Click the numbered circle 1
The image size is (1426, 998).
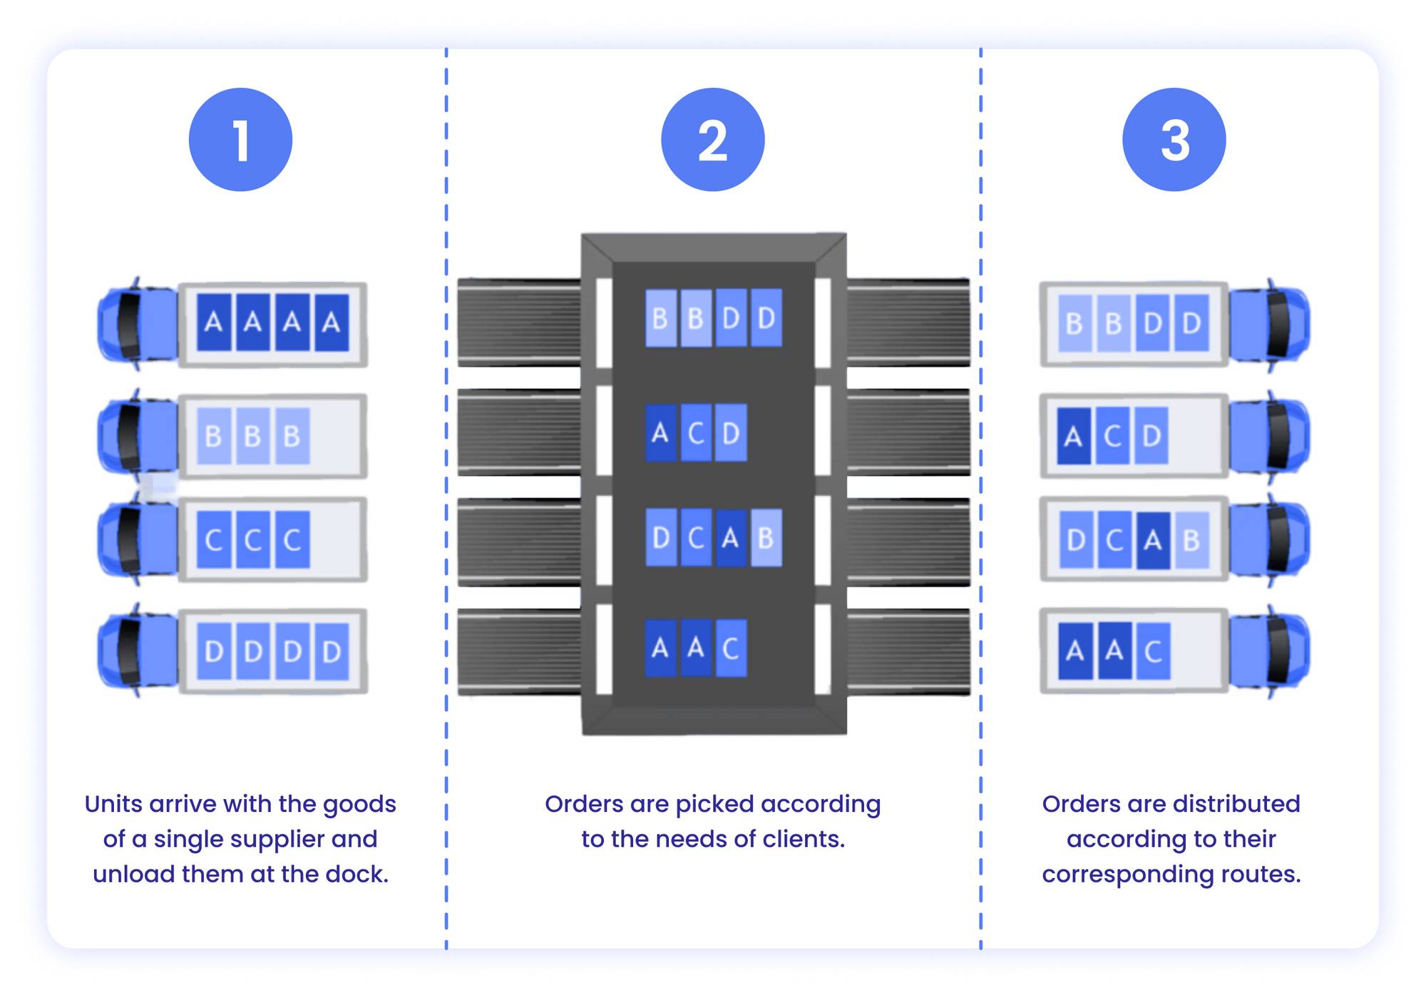(240, 140)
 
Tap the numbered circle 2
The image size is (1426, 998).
(712, 140)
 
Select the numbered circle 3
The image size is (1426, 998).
(1174, 140)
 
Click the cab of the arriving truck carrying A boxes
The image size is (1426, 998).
(137, 324)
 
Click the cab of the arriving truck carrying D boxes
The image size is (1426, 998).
(137, 651)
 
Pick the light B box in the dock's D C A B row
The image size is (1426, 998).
(766, 538)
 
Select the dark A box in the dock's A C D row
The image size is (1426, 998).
(660, 432)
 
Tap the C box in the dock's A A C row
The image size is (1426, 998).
(730, 648)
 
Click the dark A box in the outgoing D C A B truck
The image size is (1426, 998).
(1153, 541)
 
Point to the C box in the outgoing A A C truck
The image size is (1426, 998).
(1153, 651)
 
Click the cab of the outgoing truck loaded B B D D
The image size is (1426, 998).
(1269, 324)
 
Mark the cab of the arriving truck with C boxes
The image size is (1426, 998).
(137, 539)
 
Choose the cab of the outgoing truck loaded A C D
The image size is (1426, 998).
(1269, 435)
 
